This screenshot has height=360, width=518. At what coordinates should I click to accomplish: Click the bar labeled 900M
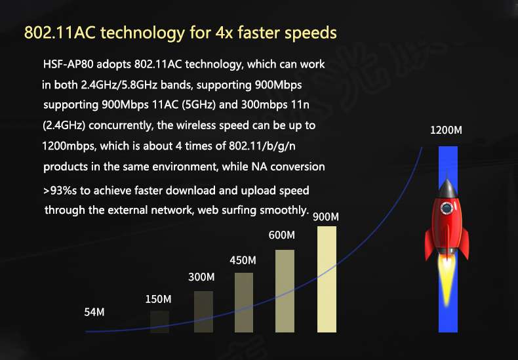point(327,279)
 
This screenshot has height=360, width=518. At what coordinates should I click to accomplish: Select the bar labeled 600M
point(285,291)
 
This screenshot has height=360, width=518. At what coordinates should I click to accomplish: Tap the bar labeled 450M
point(244,302)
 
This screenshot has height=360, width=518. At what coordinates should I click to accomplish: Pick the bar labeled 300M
point(203,311)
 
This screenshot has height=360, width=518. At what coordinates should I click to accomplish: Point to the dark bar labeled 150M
point(159,321)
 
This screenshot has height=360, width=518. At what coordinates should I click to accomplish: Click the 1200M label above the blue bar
point(446,130)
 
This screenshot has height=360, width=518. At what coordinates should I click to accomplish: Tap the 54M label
point(94,312)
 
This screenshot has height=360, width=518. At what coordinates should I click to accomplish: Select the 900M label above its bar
point(326,216)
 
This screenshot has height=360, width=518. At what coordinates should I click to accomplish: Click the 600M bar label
point(281,235)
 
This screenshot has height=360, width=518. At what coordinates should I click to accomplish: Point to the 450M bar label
point(243,260)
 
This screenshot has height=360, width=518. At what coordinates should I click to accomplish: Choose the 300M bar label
point(201,277)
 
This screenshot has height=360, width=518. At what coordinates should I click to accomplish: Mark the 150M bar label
point(158,299)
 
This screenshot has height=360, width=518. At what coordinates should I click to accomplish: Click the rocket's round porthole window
point(447,208)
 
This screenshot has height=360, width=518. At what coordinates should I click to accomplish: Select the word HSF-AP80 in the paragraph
point(68,64)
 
